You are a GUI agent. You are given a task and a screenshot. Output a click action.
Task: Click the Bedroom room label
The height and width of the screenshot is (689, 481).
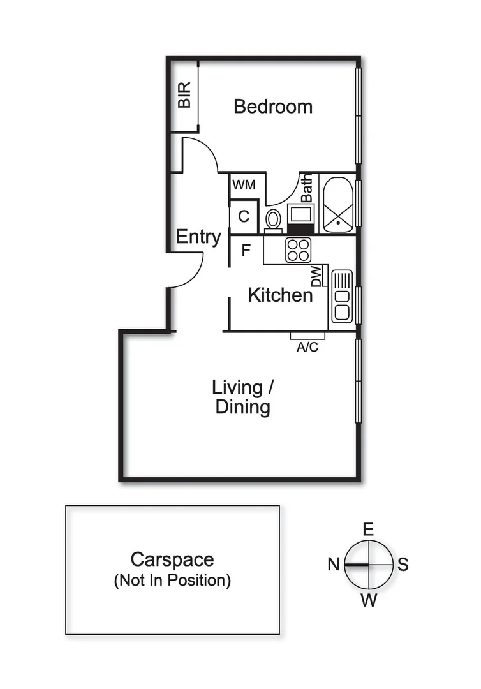273,106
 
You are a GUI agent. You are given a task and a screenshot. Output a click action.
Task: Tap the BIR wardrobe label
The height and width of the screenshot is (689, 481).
184,95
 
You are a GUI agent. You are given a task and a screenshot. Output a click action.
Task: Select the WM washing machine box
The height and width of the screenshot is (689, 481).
244,185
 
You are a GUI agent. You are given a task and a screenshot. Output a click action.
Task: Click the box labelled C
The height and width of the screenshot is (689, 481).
244,216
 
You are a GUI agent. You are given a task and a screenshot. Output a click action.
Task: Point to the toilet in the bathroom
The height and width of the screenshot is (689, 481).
273,219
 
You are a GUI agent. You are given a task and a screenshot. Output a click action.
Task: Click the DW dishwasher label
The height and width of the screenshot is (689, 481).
316,276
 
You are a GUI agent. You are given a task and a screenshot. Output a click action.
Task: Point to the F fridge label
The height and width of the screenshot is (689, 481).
246,251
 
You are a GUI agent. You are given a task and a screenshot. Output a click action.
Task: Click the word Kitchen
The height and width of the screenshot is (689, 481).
280,295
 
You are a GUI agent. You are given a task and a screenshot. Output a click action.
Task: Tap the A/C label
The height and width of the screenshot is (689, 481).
307,348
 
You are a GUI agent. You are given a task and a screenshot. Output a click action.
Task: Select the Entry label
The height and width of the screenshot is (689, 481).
198,237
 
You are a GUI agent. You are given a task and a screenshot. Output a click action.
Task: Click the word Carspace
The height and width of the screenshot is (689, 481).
172,559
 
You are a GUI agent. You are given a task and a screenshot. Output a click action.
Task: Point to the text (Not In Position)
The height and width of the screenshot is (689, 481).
172,581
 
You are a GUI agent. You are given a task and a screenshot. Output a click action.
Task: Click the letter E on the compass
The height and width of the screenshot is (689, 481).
367,530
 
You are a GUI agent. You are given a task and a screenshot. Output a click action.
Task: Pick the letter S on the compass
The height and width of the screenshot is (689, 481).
403,565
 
